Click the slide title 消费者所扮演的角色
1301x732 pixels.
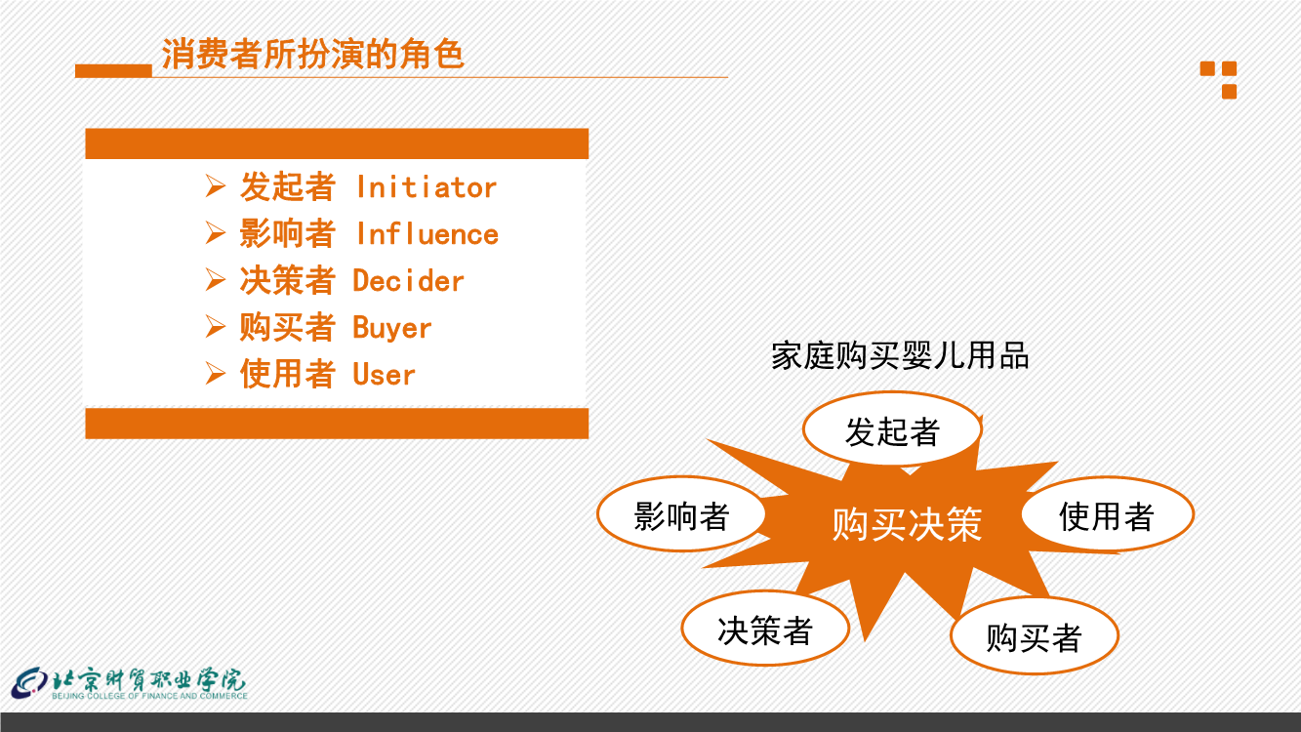click(312, 54)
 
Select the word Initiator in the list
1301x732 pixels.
click(427, 187)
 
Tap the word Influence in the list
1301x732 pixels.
click(427, 234)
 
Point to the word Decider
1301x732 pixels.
click(408, 281)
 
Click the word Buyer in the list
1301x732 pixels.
click(392, 328)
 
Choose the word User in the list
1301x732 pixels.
click(384, 374)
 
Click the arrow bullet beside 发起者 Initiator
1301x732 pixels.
click(216, 186)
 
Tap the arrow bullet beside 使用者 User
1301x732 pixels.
click(216, 374)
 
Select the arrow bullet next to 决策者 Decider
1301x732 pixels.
click(216, 280)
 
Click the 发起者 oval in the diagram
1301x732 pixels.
click(892, 429)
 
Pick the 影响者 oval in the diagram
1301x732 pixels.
click(681, 514)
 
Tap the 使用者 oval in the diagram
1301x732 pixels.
click(1107, 514)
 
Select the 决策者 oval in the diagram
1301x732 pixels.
click(765, 628)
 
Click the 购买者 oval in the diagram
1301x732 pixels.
click(1035, 635)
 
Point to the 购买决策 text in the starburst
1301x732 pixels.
click(907, 525)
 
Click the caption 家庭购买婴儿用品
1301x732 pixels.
click(900, 355)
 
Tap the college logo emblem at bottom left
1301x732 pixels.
click(29, 684)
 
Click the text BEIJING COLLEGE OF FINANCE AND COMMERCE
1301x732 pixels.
click(150, 696)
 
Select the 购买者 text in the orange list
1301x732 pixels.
click(288, 327)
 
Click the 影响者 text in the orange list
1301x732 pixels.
click(288, 233)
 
